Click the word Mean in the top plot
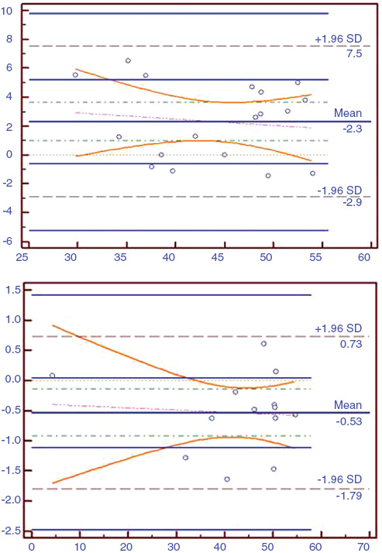point(348,113)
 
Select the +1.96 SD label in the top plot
point(339,39)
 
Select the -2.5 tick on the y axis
point(12,531)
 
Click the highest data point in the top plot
point(128,60)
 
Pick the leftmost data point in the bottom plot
point(52,376)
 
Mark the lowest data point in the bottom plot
point(227,479)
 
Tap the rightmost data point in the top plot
point(313,173)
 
